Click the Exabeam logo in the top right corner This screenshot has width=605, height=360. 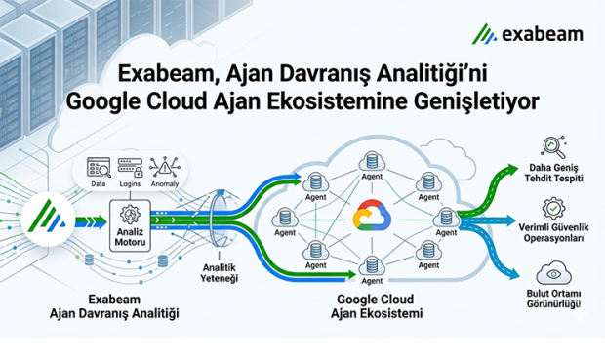[x=528, y=35]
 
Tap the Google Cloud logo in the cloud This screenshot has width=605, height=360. [x=369, y=216]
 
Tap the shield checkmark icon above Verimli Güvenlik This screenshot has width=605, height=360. [x=552, y=208]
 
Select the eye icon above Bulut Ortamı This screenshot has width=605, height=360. [x=552, y=270]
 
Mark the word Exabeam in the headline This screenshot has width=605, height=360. [x=161, y=72]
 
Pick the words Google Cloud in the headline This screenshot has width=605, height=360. [x=130, y=100]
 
